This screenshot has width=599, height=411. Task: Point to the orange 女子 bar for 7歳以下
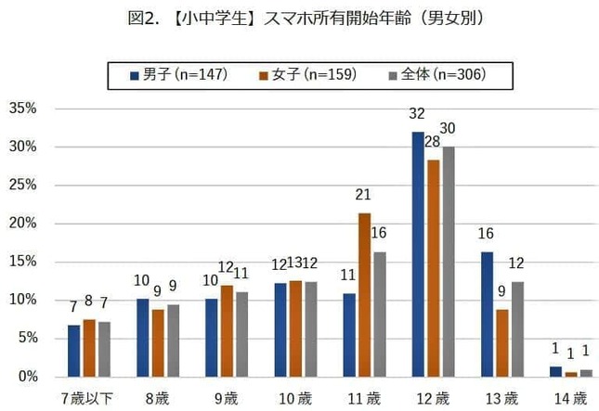click(x=89, y=348)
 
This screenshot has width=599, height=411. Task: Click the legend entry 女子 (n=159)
click(x=307, y=74)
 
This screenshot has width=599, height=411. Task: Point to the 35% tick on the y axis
click(x=22, y=109)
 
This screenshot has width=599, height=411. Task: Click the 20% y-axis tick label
click(x=22, y=224)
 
